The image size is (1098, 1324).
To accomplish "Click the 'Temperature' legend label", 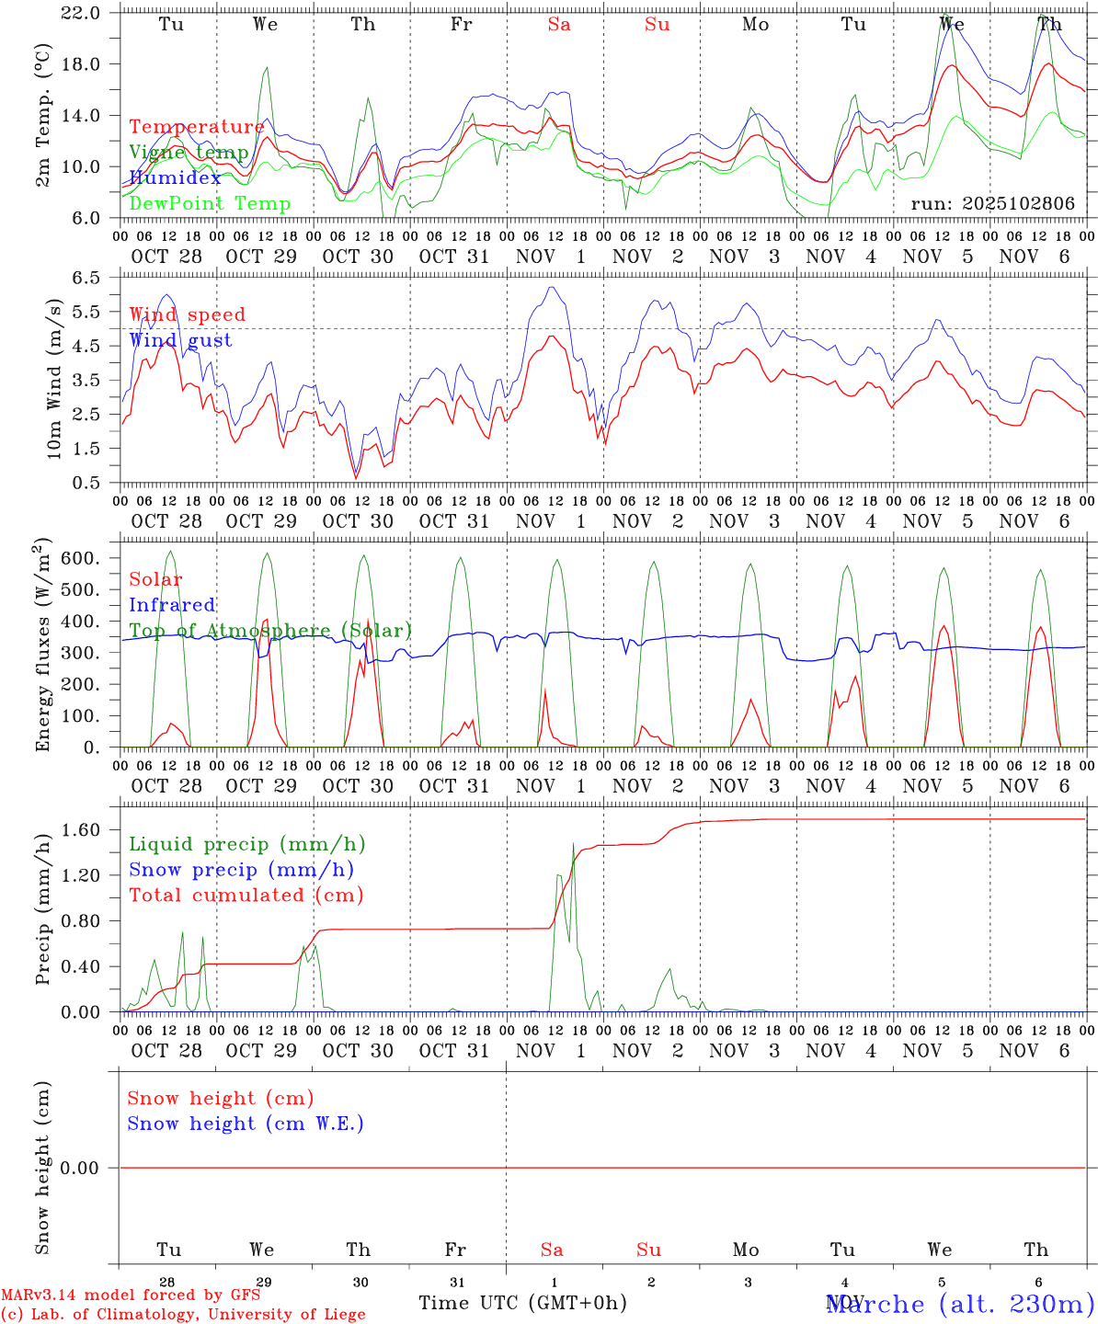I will (x=196, y=127).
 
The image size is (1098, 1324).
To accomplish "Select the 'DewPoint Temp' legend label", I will (x=210, y=204).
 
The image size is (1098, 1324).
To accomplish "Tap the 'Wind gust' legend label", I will (x=180, y=340).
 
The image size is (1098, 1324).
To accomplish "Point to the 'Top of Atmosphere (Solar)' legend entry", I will (x=270, y=631).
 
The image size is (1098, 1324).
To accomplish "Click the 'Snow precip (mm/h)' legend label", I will (x=241, y=870).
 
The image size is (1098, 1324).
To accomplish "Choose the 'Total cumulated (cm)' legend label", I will (x=246, y=896).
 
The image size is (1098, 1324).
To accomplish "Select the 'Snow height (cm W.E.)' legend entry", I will (x=246, y=1124).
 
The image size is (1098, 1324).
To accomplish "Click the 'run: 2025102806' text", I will (x=992, y=204).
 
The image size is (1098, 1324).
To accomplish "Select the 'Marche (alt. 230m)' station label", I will (x=959, y=1304).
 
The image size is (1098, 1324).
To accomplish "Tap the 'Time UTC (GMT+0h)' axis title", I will (x=522, y=1303).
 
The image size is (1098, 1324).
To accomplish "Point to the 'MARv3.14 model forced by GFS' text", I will (x=131, y=1295).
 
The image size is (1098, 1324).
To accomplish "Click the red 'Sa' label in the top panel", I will (x=559, y=25).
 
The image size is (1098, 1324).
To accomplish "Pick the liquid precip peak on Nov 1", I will (x=573, y=843).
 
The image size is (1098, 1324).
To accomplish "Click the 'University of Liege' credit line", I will (x=183, y=1315).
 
